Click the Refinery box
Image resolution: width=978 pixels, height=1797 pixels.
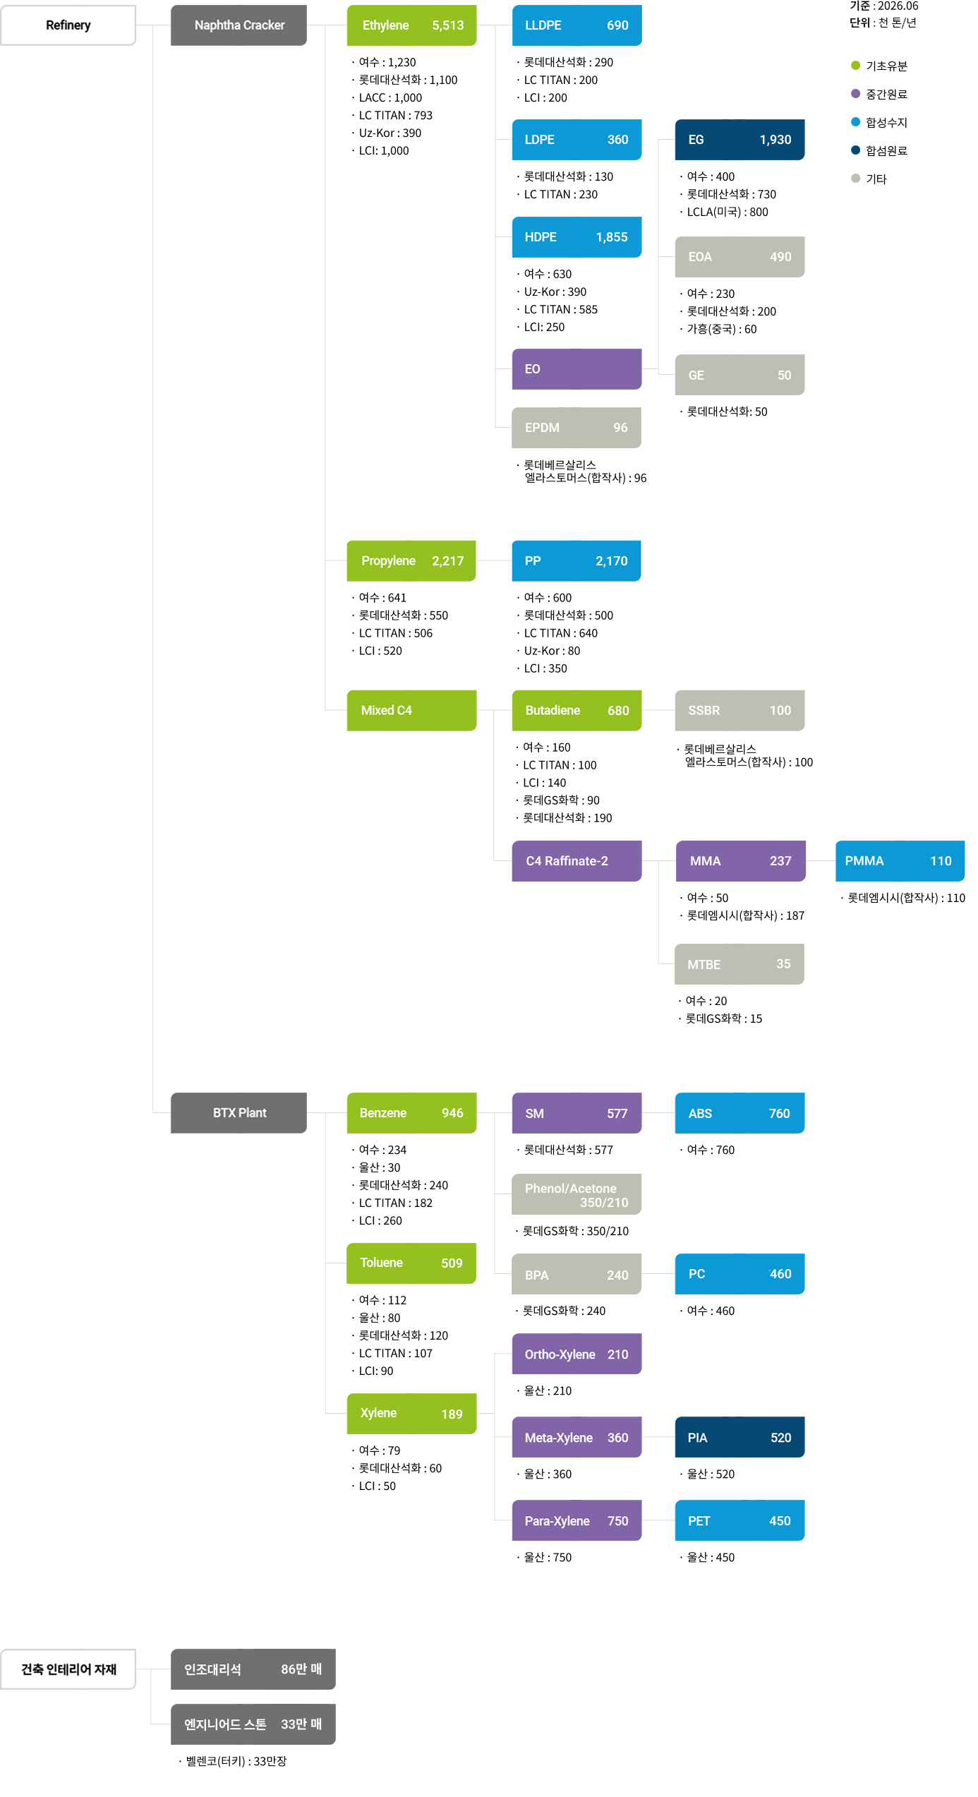pyautogui.click(x=68, y=25)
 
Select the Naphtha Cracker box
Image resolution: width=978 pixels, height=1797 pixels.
pyautogui.click(x=239, y=25)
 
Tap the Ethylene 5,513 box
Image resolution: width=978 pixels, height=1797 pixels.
pyautogui.click(x=411, y=25)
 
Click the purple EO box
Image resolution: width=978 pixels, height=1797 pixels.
pyautogui.click(x=576, y=369)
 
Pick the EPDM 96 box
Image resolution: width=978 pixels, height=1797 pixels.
pyautogui.click(x=576, y=428)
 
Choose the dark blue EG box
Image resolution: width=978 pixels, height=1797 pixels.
pyautogui.click(x=739, y=140)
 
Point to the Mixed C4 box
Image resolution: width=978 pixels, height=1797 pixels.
pyautogui.click(x=411, y=711)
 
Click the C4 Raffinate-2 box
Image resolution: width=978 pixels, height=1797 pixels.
pyautogui.click(x=576, y=861)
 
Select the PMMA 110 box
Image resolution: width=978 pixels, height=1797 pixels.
pyautogui.click(x=900, y=861)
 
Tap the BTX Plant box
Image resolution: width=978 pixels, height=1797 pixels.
pyautogui.click(x=239, y=1113)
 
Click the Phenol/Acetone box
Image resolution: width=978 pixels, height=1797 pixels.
pyautogui.click(x=576, y=1194)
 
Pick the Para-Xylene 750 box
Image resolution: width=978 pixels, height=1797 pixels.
pyautogui.click(x=576, y=1520)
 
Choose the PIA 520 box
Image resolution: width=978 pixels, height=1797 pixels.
pyautogui.click(x=739, y=1437)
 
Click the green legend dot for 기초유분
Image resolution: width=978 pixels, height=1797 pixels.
pyautogui.click(x=855, y=66)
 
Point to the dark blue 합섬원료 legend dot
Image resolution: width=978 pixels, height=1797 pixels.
pyautogui.click(x=855, y=150)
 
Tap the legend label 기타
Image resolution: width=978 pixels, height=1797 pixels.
pyautogui.click(x=876, y=179)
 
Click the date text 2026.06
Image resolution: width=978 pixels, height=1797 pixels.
pyautogui.click(x=898, y=6)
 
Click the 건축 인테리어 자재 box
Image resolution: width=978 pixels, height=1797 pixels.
pyautogui.click(x=68, y=1669)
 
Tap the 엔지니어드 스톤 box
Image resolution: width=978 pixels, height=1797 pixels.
pyautogui.click(x=253, y=1724)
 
